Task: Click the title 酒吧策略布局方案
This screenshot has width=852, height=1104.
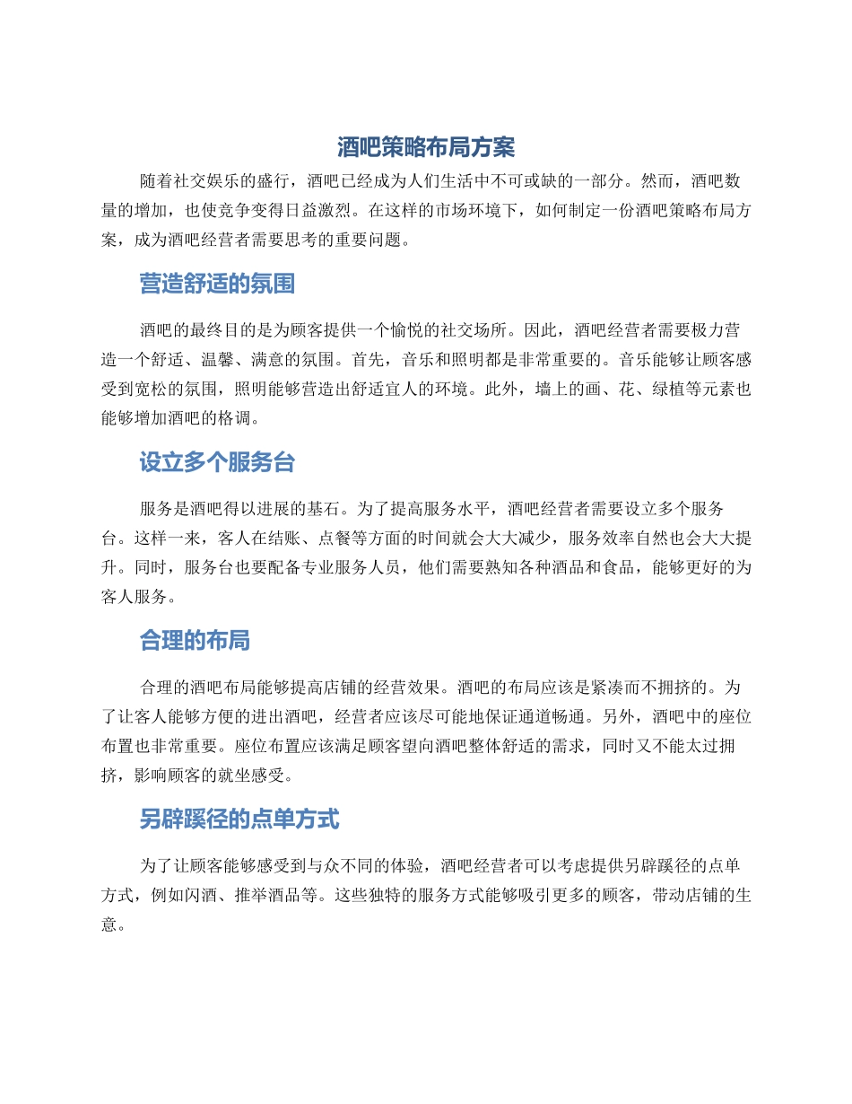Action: click(x=426, y=146)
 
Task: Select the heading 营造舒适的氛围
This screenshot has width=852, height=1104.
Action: click(x=217, y=285)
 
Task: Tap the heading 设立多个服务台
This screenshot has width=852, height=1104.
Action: click(x=217, y=463)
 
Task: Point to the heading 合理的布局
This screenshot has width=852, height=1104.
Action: click(x=195, y=641)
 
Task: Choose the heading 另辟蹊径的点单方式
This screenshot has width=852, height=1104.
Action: click(x=239, y=819)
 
